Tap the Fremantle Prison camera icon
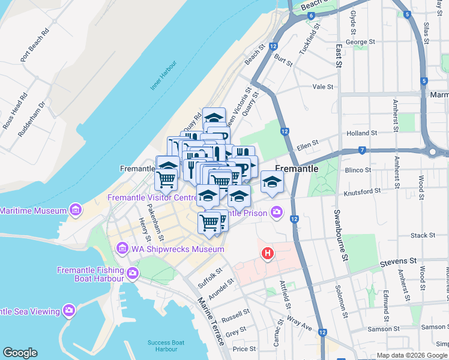276,211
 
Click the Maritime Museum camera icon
75,210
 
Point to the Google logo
20,353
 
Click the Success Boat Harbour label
162,346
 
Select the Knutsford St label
363,192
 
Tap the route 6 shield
312,14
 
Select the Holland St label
361,133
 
